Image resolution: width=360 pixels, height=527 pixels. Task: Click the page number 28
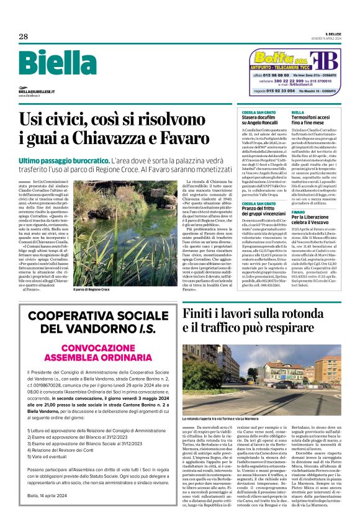23,37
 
